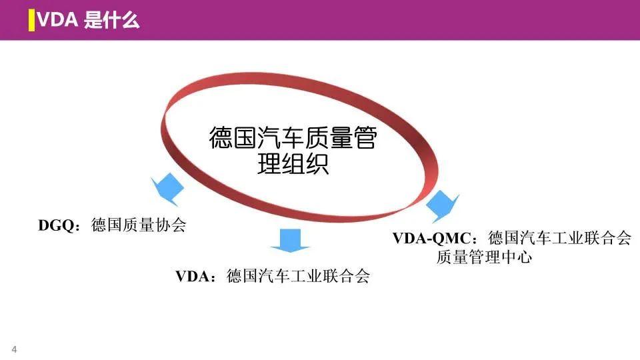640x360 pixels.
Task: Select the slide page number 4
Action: pyautogui.click(x=14, y=351)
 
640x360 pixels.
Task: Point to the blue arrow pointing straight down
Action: pyautogui.click(x=289, y=240)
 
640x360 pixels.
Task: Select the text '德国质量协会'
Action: pyautogui.click(x=138, y=226)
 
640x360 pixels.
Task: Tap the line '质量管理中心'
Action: pyautogui.click(x=484, y=257)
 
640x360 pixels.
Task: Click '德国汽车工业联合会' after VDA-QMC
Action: pyautogui.click(x=559, y=239)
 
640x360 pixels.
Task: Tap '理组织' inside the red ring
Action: pyautogui.click(x=293, y=164)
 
